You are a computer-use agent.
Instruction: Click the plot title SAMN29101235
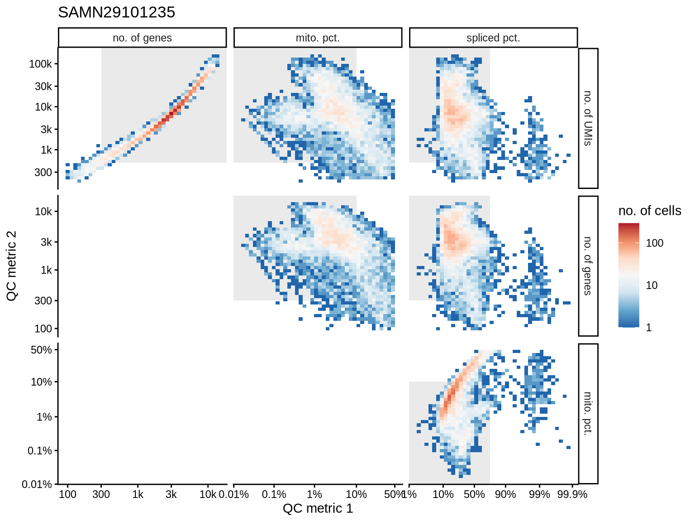(x=116, y=12)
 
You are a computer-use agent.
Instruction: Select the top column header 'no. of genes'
(x=142, y=38)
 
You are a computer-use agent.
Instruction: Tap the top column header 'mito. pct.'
(x=318, y=38)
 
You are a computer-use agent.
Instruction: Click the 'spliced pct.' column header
(x=493, y=38)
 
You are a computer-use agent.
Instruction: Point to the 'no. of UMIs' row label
(x=588, y=118)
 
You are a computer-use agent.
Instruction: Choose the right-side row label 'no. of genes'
(x=588, y=266)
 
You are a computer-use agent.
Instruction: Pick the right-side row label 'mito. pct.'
(x=588, y=414)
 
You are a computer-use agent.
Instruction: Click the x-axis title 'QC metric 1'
(x=318, y=508)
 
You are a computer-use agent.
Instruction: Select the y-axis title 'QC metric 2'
(x=12, y=266)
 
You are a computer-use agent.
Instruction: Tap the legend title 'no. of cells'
(x=650, y=211)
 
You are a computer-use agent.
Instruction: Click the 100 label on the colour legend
(x=655, y=243)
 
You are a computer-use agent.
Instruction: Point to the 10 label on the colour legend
(x=652, y=285)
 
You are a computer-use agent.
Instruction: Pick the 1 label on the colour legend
(x=649, y=328)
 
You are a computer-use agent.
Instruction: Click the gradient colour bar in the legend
(x=629, y=275)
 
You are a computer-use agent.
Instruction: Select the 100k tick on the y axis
(x=41, y=64)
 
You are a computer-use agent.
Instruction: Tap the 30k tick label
(x=43, y=86)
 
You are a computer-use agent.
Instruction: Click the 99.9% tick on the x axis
(x=572, y=494)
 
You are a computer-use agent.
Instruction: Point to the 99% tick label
(x=539, y=494)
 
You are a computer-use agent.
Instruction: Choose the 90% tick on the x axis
(x=505, y=494)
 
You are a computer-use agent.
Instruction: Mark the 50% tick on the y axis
(x=41, y=350)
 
